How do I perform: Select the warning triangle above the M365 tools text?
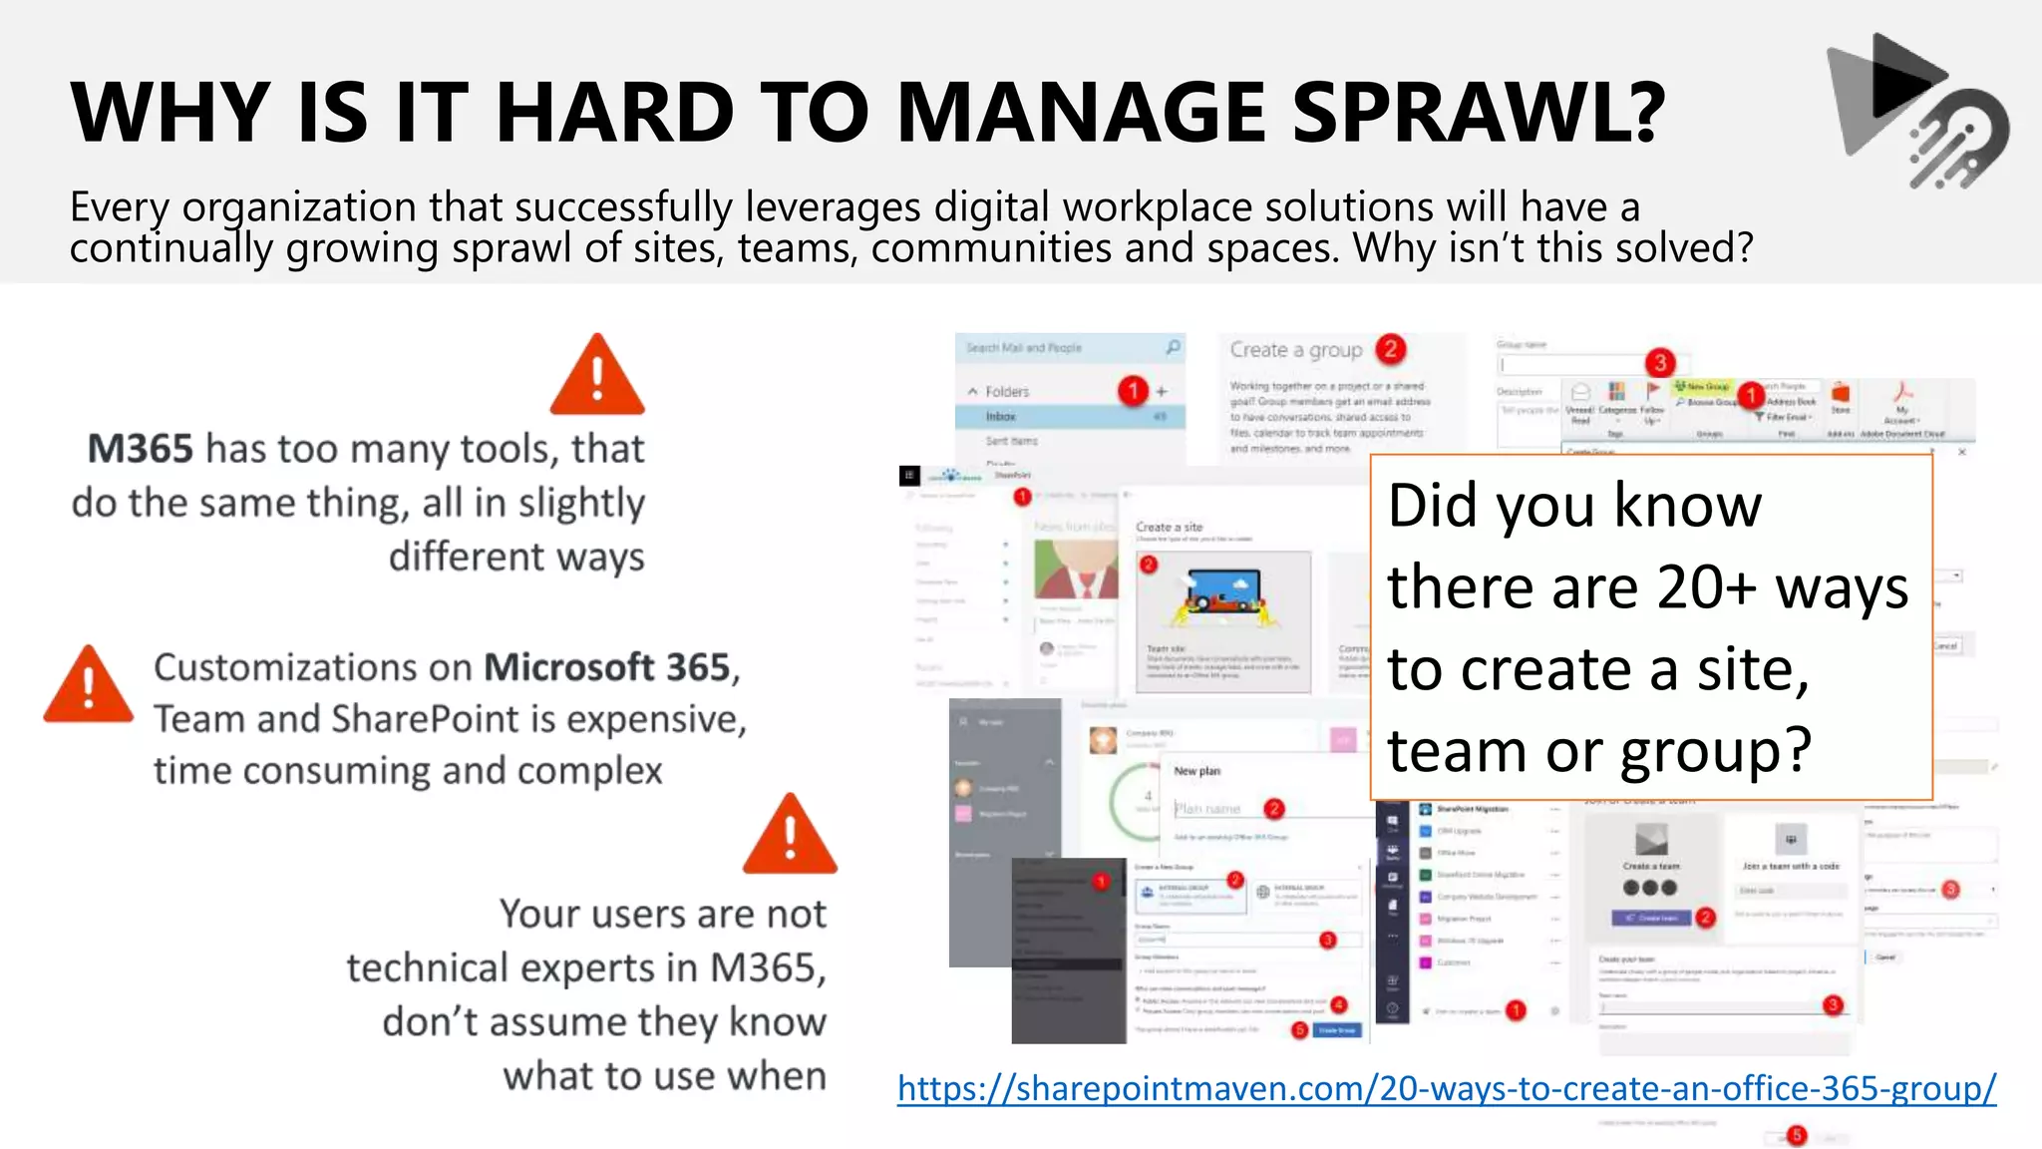click(x=597, y=377)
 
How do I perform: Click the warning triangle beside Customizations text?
click(x=89, y=686)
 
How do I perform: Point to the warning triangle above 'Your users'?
click(x=790, y=836)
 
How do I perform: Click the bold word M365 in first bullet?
click(x=141, y=449)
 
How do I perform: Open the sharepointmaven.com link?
click(x=1446, y=1087)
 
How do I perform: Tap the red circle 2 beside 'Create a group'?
click(x=1390, y=349)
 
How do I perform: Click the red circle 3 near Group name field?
click(x=1659, y=362)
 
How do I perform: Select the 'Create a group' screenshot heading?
click(x=1295, y=350)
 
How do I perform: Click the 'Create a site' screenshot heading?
click(x=1169, y=527)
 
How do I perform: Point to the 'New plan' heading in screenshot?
click(x=1196, y=771)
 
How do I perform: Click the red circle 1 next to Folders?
click(x=1133, y=390)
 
